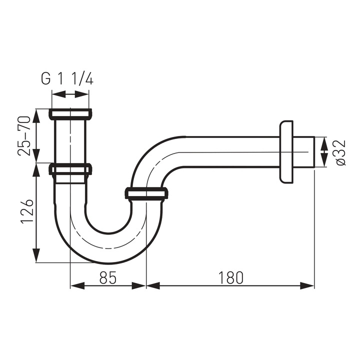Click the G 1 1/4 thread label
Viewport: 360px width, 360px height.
(x=67, y=78)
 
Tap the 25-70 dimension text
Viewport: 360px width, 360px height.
(x=24, y=135)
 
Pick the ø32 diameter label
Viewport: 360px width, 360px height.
(x=340, y=152)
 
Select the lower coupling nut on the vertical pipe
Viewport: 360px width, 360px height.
(x=70, y=169)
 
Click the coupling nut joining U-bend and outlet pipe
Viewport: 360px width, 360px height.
(x=146, y=193)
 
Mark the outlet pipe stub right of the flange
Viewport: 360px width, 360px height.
(x=304, y=152)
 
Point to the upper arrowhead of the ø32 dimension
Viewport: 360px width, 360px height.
(x=324, y=141)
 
